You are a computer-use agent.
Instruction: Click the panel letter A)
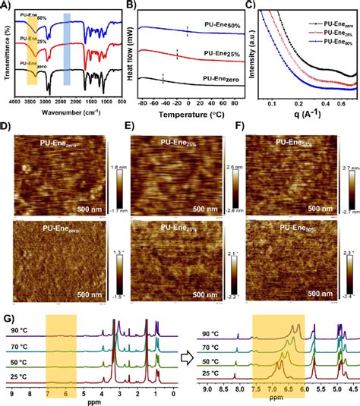point(5,5)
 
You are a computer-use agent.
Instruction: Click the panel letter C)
point(246,5)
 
